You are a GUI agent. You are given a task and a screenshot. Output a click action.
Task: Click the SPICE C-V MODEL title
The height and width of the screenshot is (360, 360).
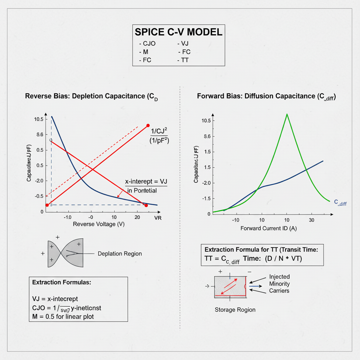(x=179, y=32)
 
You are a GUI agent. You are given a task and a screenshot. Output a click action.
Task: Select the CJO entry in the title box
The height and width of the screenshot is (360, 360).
(x=147, y=44)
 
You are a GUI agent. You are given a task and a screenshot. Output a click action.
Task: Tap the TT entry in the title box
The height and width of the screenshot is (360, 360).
(x=184, y=60)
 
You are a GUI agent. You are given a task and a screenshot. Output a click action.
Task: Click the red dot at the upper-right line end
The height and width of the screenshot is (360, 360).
(x=148, y=126)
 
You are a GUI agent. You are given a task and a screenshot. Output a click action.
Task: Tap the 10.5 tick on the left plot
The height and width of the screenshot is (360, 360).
(x=39, y=119)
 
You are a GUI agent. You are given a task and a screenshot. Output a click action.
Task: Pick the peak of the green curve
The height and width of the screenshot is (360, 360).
(x=287, y=114)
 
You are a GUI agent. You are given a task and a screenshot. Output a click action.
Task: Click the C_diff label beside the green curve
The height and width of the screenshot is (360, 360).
(x=340, y=202)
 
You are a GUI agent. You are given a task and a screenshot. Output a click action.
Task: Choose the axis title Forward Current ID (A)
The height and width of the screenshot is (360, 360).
(x=269, y=229)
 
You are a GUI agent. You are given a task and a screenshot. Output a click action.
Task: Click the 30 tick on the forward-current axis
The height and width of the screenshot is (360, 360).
(x=311, y=220)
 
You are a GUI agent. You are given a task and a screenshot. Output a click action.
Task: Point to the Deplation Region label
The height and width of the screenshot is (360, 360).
(x=120, y=253)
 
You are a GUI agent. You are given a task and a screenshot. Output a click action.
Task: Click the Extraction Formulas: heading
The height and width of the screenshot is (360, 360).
(x=62, y=282)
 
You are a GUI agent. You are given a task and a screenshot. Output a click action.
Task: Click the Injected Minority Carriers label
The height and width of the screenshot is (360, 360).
(x=279, y=284)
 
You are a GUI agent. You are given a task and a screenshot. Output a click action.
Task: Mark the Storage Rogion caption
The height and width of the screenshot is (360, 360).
(x=235, y=310)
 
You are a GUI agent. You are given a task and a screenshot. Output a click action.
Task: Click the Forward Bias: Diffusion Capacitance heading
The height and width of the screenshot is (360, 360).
(x=266, y=96)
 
